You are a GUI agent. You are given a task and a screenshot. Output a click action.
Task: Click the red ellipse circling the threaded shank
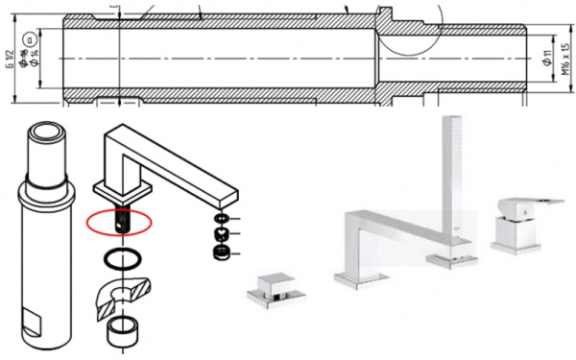pyautogui.click(x=119, y=220)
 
